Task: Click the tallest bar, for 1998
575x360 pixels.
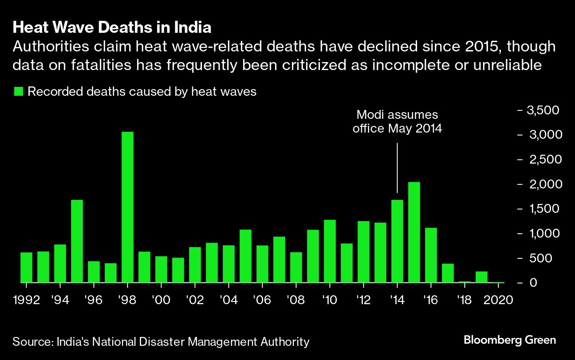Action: tap(127, 207)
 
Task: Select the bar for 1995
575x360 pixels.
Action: tap(77, 241)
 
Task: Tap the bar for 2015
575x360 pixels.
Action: tap(414, 232)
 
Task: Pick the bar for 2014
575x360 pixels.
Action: tap(397, 241)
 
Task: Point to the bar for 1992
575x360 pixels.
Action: tap(26, 267)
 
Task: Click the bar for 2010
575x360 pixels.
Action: tap(330, 251)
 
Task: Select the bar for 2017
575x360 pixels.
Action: tap(448, 273)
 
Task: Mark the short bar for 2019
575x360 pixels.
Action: tap(481, 277)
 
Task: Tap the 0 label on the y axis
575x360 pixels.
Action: tap(533, 283)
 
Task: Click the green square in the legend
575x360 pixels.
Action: tap(18, 92)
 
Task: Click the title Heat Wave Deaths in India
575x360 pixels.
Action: tap(112, 28)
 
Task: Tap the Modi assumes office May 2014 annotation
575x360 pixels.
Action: tap(397, 122)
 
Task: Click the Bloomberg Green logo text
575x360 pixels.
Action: tap(509, 340)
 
